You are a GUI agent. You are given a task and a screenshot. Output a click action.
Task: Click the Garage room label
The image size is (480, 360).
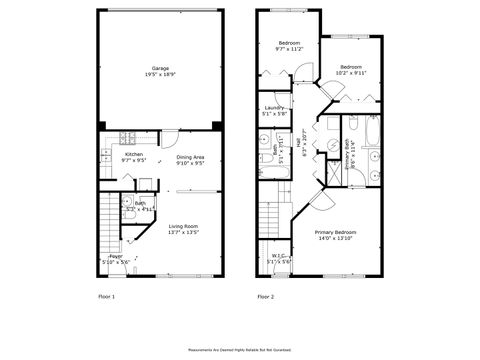[159, 68]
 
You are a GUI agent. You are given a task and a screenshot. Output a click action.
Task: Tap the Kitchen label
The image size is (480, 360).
[133, 154]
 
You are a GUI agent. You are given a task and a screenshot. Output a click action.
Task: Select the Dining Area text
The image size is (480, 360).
[190, 157]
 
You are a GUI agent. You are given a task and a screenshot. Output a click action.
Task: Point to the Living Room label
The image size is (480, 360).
[182, 227]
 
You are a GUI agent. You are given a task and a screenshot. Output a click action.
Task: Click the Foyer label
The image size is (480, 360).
[116, 257]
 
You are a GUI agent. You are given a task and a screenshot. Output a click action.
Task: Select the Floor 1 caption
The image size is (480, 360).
[106, 297]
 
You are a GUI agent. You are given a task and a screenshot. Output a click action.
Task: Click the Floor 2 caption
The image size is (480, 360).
[266, 297]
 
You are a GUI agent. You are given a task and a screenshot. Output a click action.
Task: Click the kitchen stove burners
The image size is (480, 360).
[127, 137]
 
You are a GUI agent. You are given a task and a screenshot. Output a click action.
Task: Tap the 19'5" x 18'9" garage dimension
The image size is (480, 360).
[159, 74]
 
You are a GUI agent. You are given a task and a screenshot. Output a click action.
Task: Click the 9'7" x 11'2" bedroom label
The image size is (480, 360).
[289, 48]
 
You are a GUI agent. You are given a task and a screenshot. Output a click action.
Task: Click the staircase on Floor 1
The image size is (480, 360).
[109, 220]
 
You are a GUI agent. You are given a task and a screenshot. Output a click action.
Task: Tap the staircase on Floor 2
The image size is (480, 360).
[268, 215]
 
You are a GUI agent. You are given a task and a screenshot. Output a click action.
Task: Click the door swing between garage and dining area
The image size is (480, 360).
[171, 139]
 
